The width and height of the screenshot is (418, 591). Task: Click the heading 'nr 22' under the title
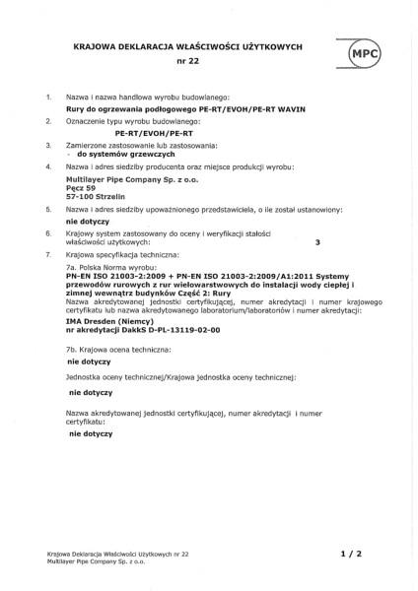click(186, 61)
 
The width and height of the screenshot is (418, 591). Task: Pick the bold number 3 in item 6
click(316, 240)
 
